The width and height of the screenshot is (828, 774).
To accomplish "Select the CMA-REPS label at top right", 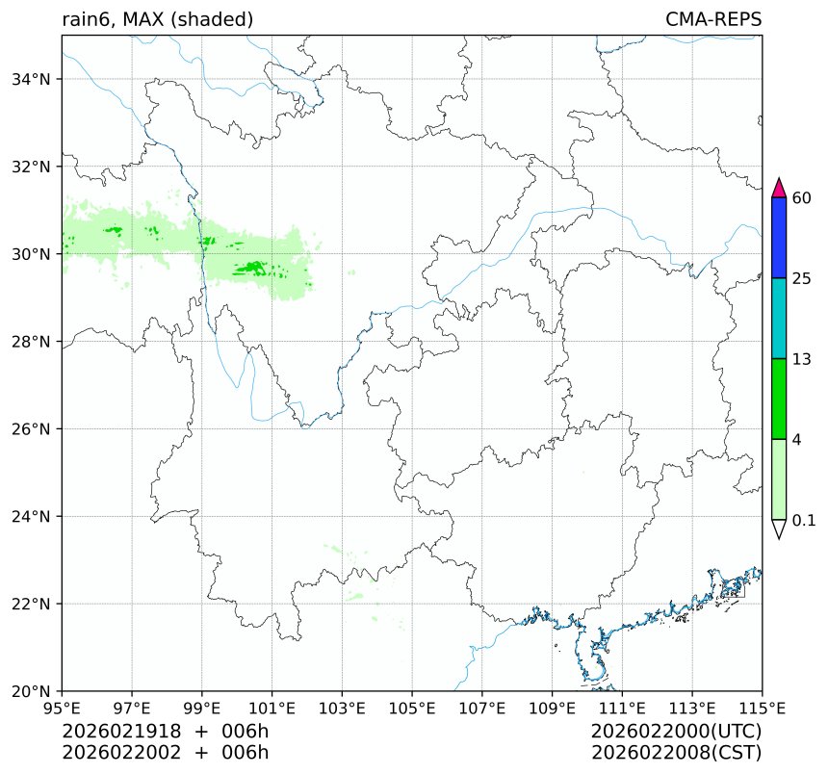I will click(x=713, y=19).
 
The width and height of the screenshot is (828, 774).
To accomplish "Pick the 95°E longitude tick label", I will click(x=63, y=709).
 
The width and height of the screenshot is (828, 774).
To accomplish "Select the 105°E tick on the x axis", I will click(x=412, y=709).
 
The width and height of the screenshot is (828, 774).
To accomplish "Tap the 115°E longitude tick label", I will click(x=762, y=709).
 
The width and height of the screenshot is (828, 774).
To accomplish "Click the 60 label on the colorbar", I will click(x=801, y=198).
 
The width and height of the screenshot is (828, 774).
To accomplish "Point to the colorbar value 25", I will click(x=801, y=279).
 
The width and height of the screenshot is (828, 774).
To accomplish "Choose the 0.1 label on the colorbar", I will click(x=804, y=521).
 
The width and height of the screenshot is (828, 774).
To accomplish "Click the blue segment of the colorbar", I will click(x=780, y=238).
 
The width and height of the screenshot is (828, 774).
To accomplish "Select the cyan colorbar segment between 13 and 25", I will click(x=780, y=319).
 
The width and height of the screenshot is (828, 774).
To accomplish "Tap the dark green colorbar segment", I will click(x=780, y=399).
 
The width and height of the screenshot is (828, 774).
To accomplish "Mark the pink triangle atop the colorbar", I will click(x=780, y=187).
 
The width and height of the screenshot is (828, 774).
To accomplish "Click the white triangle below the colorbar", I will click(x=780, y=529).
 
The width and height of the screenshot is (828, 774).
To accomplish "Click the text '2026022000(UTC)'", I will click(x=677, y=732).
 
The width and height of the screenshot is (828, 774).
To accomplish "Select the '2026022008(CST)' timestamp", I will click(x=677, y=752).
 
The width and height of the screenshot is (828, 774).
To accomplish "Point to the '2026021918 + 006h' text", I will click(x=165, y=732).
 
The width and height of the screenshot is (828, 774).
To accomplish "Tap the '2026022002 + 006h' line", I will click(x=165, y=752).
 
